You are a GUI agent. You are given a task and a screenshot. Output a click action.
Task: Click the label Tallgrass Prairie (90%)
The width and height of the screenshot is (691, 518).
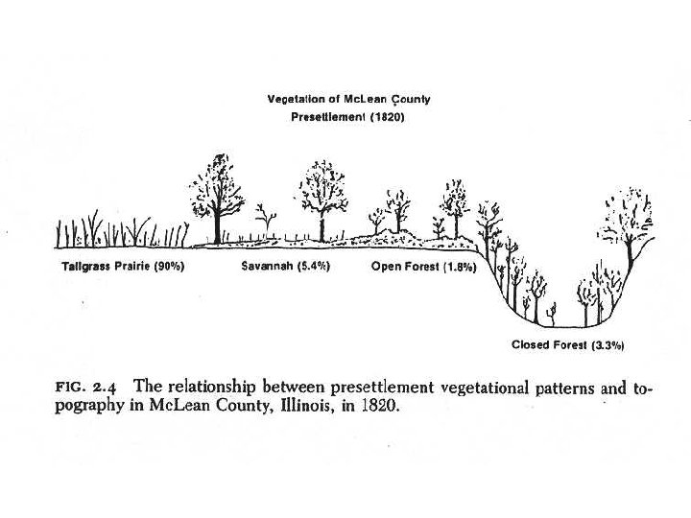tap(123, 267)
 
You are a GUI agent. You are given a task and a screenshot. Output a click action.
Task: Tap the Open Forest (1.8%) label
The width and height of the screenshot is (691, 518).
tap(423, 267)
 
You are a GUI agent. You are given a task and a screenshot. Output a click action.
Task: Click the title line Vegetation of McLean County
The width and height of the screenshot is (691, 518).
tap(349, 100)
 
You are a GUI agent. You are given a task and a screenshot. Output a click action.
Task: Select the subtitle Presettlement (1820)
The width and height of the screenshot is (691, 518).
tap(348, 118)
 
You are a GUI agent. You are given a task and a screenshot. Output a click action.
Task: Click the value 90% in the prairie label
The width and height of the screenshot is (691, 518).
tap(167, 267)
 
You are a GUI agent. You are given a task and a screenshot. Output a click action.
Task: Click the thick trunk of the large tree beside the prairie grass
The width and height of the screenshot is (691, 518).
tap(217, 221)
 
